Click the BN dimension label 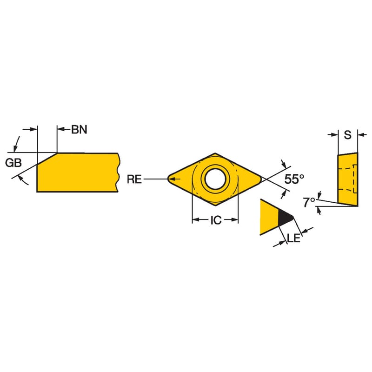pyautogui.click(x=79, y=130)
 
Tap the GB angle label pyautogui.click(x=13, y=163)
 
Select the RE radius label pyautogui.click(x=134, y=179)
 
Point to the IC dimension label pyautogui.click(x=216, y=220)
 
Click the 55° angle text pyautogui.click(x=294, y=179)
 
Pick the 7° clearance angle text pyautogui.click(x=309, y=202)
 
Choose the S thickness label pyautogui.click(x=347, y=135)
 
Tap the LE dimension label pyautogui.click(x=294, y=238)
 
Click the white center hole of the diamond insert pyautogui.click(x=215, y=179)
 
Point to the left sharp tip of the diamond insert pyautogui.click(x=168, y=179)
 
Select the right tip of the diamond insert pyautogui.click(x=261, y=179)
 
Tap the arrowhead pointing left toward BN pyautogui.click(x=61, y=129)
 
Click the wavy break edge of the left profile pyautogui.click(x=118, y=173)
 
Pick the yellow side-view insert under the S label pyautogui.click(x=348, y=179)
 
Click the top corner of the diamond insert pyautogui.click(x=215, y=153)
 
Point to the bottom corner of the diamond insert pyautogui.click(x=215, y=205)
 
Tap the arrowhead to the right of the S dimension pyautogui.click(x=361, y=135)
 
